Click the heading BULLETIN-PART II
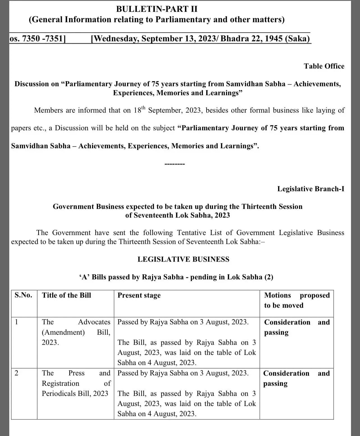[157, 9]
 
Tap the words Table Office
[324, 66]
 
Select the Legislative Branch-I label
[311, 189]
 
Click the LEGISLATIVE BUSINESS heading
[183, 259]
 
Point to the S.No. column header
[24, 295]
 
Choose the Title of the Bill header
[67, 295]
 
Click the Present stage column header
[139, 295]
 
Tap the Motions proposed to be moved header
[297, 300]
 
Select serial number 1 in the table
[16, 322]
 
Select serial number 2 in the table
[16, 373]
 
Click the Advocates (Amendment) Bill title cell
[76, 332]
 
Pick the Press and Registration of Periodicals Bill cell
[76, 383]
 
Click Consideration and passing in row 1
[297, 327]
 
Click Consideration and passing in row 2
[296, 378]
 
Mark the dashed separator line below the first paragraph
[175, 164]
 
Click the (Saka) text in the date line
[297, 38]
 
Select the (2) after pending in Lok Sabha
[269, 277]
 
